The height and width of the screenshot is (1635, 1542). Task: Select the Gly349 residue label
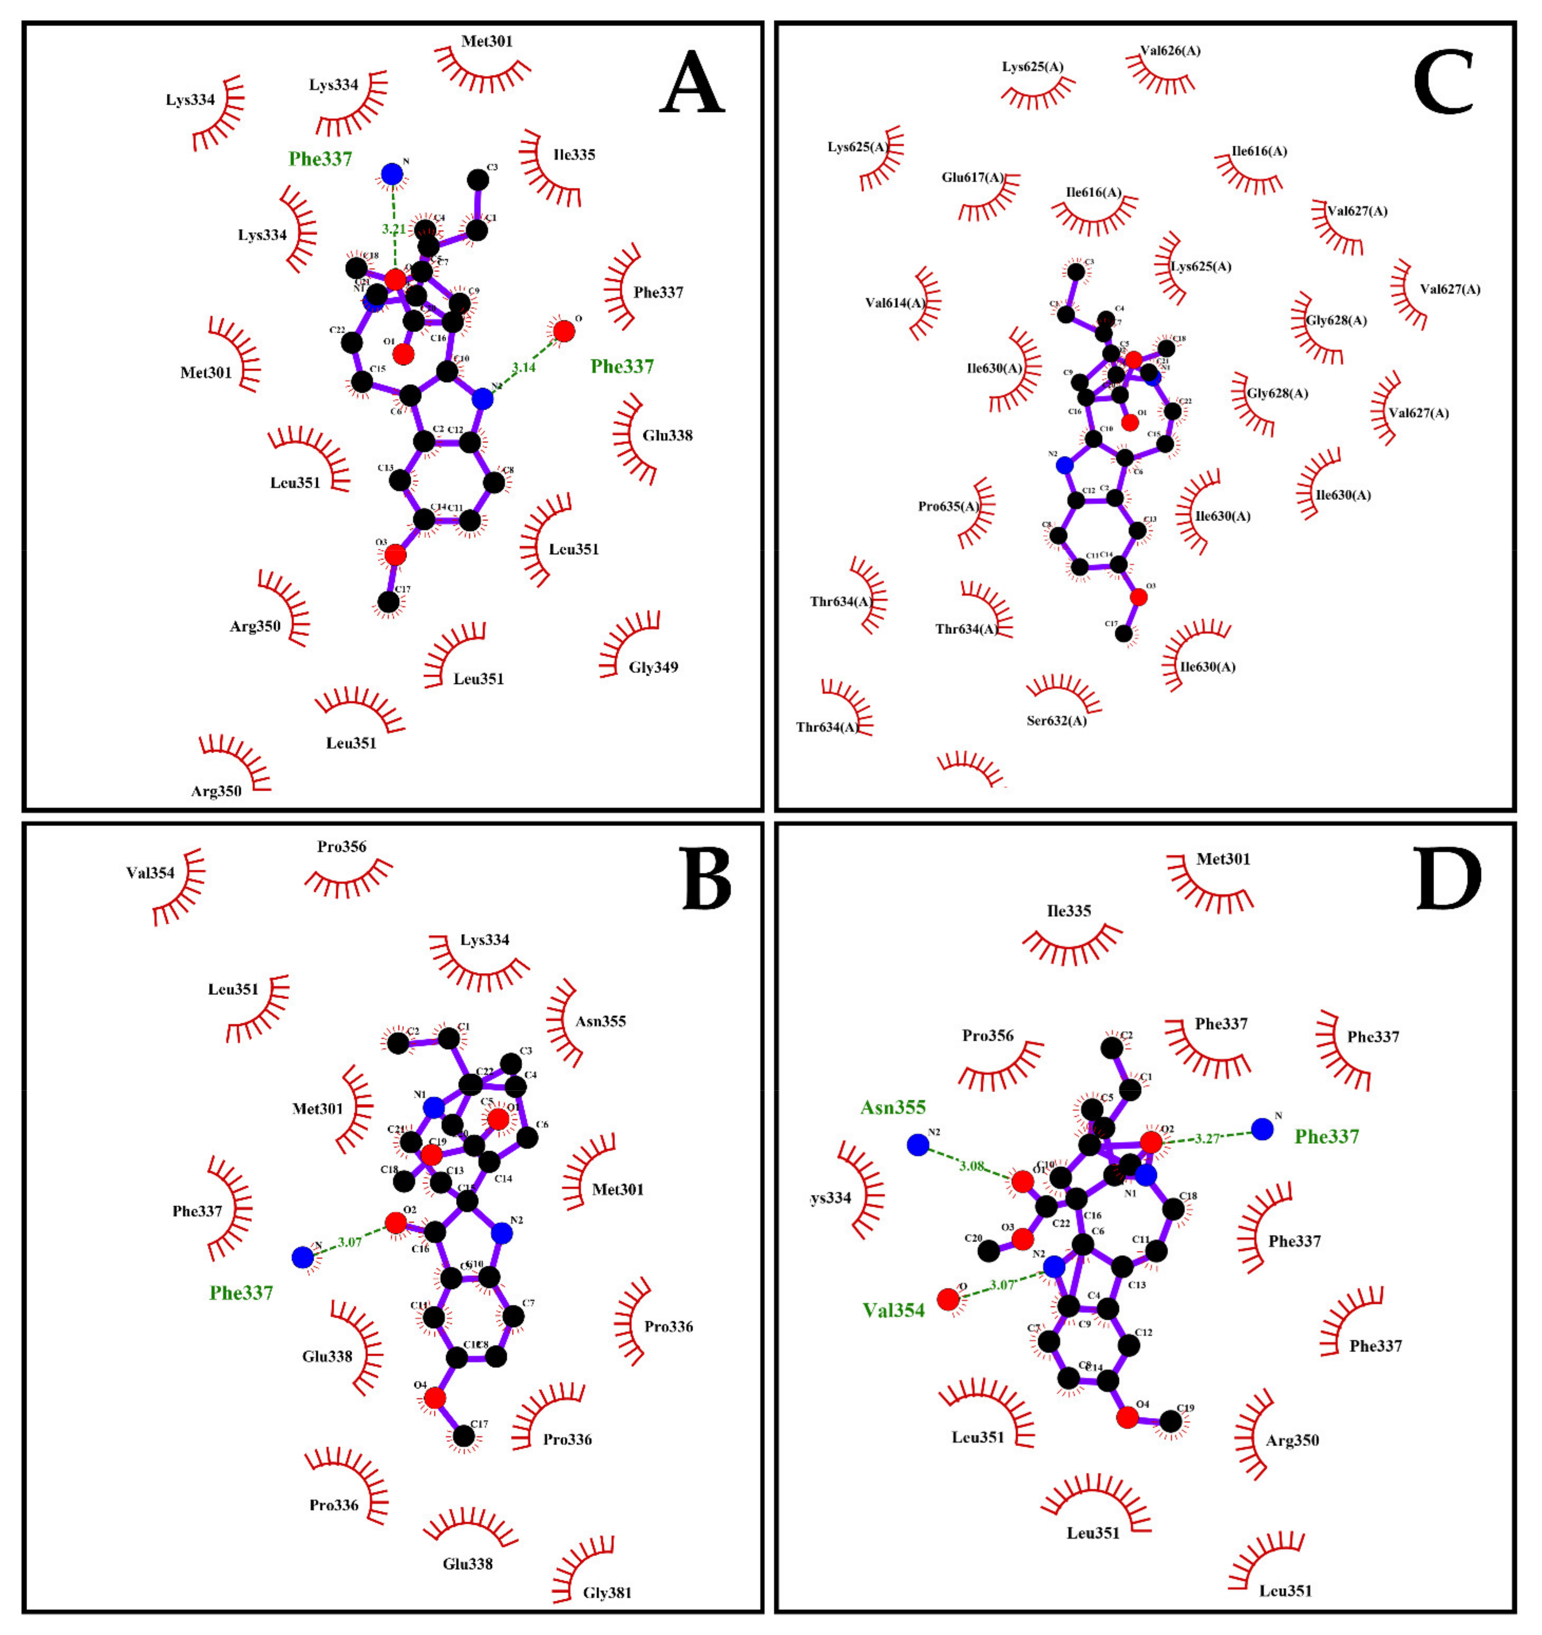(653, 667)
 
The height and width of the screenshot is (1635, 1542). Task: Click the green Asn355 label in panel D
(893, 1107)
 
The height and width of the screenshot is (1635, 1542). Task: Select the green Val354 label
(893, 1310)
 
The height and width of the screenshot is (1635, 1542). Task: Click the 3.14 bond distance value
(523, 368)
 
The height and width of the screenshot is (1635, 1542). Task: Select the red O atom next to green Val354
(948, 1299)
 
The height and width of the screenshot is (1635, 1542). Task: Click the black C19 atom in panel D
(1170, 1421)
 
